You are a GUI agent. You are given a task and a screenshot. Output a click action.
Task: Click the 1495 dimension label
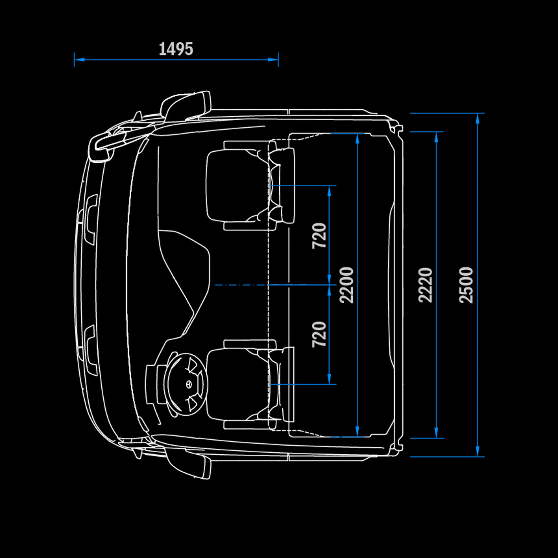pyautogui.click(x=176, y=49)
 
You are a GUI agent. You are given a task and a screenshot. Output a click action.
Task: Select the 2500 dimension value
pyautogui.click(x=466, y=285)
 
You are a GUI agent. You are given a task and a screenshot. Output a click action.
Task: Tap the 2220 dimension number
pyautogui.click(x=425, y=285)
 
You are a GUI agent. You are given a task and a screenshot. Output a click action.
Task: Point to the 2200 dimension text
pyautogui.click(x=346, y=285)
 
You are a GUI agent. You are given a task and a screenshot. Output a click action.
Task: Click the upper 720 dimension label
pyautogui.click(x=319, y=236)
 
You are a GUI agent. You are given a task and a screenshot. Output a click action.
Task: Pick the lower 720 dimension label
pyautogui.click(x=319, y=334)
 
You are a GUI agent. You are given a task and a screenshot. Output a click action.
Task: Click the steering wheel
pyautogui.click(x=187, y=384)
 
